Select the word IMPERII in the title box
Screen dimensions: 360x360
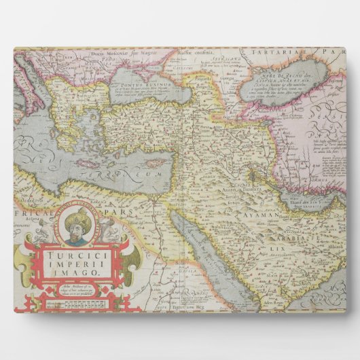(71, 259)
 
